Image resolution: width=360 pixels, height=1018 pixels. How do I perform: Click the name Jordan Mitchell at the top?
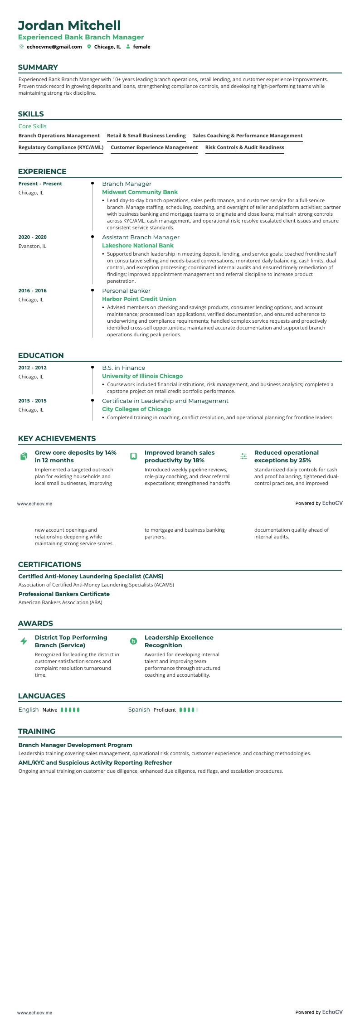[69, 25]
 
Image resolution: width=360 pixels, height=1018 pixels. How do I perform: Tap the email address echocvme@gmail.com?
[54, 47]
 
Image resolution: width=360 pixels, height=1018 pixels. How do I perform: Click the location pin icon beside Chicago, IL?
[89, 47]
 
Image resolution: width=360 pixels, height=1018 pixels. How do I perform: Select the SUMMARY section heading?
[38, 68]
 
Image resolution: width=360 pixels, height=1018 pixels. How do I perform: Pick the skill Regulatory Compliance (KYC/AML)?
[61, 147]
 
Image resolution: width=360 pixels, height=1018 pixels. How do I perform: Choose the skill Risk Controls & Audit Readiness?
[244, 147]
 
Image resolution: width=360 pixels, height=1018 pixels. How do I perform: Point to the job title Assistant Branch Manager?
[141, 237]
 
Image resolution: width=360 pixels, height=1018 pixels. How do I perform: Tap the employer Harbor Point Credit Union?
[139, 299]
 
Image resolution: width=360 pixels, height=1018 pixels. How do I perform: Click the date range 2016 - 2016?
[33, 291]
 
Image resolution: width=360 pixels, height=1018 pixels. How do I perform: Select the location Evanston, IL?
[32, 246]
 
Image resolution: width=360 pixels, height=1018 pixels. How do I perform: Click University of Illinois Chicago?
[142, 376]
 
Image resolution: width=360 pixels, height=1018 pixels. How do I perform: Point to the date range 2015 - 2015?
[33, 401]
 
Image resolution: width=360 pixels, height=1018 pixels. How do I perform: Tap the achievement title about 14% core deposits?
[76, 456]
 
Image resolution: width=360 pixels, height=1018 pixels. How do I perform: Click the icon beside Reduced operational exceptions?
[243, 456]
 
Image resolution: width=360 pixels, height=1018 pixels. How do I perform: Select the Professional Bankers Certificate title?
[64, 594]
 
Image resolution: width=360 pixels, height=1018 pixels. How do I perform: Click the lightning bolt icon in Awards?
[24, 641]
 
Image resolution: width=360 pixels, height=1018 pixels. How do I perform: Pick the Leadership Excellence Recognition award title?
[179, 641]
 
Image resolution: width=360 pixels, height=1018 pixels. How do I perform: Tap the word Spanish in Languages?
[139, 709]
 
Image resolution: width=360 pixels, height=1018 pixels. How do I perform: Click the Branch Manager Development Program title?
[75, 745]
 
